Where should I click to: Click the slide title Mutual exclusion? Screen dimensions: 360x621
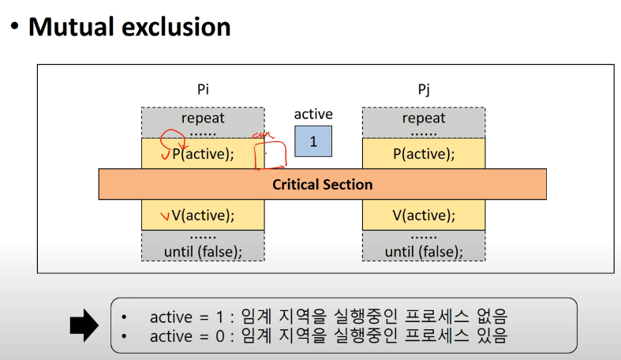click(x=129, y=27)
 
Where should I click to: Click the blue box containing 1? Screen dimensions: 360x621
click(x=313, y=141)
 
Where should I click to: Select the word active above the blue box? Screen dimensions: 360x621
click(x=313, y=114)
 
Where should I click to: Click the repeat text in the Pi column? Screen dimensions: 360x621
click(x=203, y=118)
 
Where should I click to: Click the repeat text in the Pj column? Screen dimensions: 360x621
click(x=424, y=118)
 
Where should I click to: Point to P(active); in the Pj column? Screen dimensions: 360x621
click(x=424, y=154)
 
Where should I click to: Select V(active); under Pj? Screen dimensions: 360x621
click(x=424, y=214)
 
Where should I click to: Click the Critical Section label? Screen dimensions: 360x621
click(x=322, y=184)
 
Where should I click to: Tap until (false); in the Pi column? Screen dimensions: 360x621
click(x=203, y=251)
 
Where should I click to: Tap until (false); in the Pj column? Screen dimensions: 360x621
click(x=424, y=251)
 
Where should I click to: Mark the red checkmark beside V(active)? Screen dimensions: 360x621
click(x=164, y=215)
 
